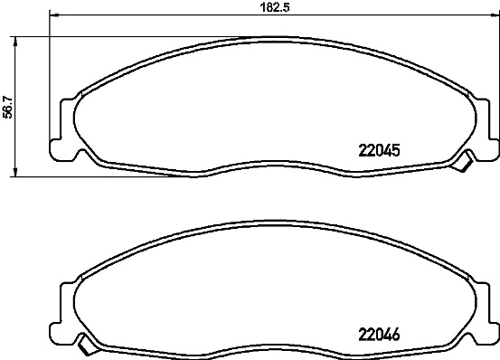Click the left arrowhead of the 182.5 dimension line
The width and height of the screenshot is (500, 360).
[53, 15]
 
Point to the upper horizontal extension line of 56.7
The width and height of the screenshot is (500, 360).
[90, 35]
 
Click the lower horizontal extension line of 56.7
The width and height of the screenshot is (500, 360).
[90, 175]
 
